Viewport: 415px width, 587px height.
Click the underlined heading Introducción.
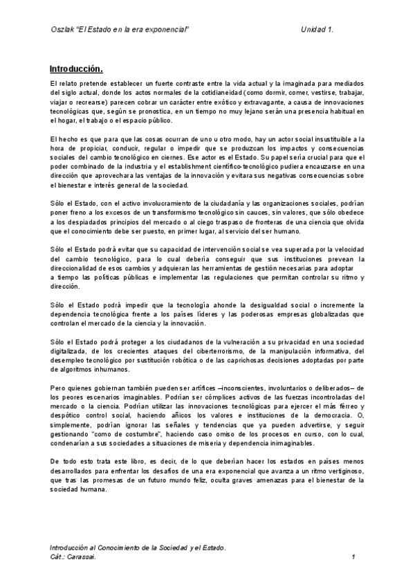[x=76, y=69]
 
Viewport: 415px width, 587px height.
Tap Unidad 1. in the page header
[x=317, y=29]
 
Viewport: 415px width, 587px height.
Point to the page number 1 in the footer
[x=353, y=557]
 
